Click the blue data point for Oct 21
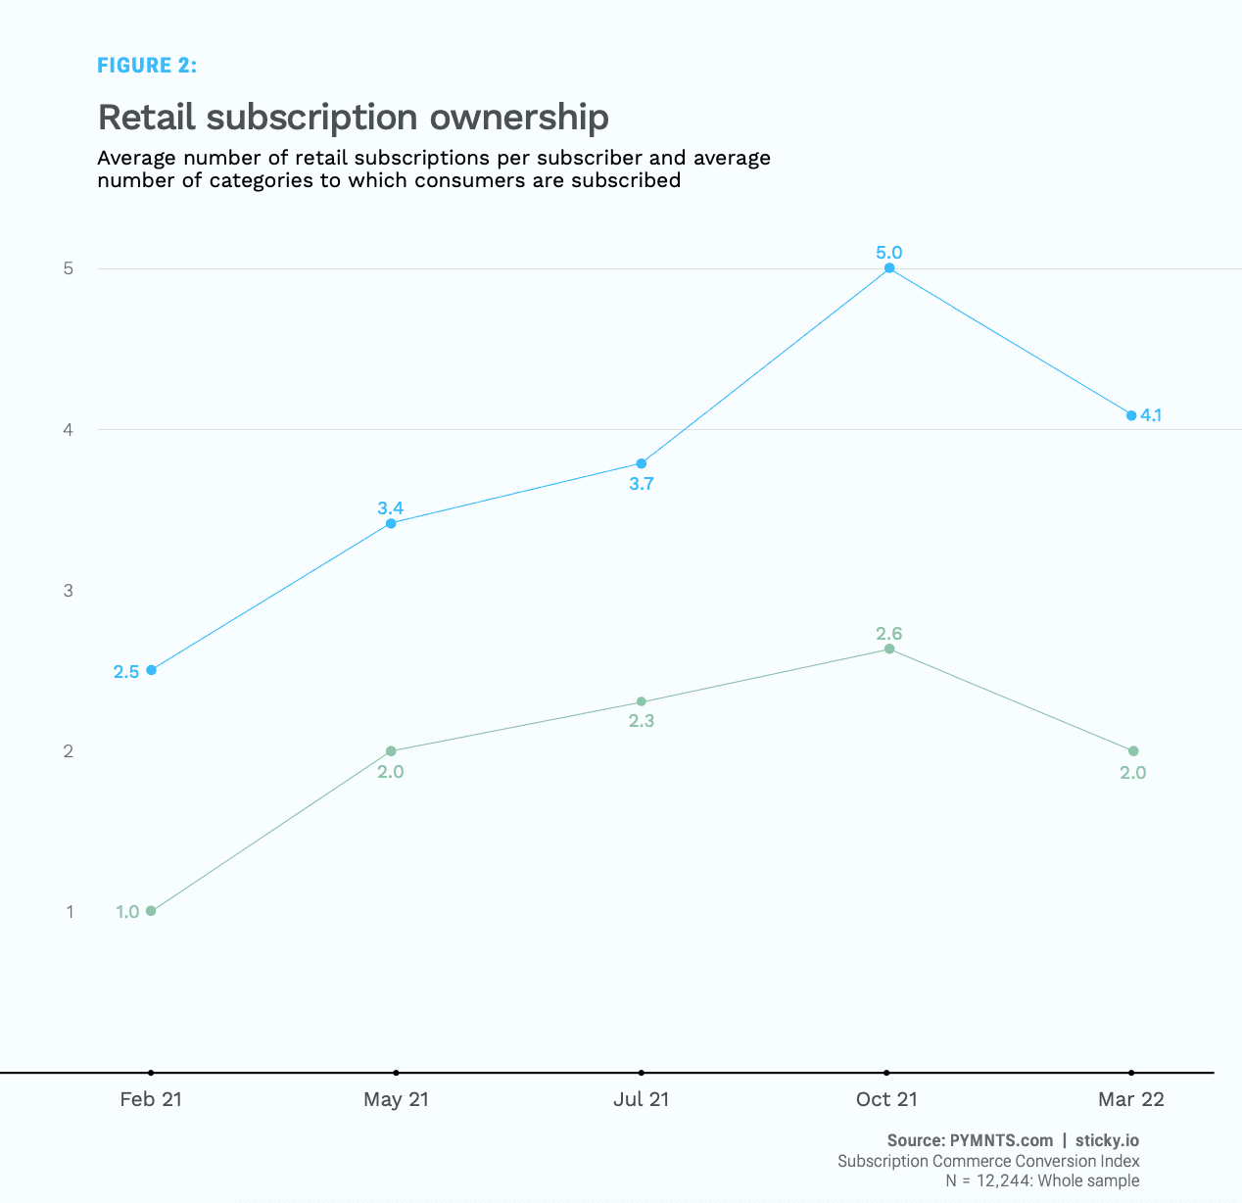[889, 267]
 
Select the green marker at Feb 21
[151, 911]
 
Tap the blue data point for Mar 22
[1131, 415]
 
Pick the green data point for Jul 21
[642, 701]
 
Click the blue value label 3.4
[390, 507]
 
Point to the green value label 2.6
[889, 634]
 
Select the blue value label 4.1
[1151, 415]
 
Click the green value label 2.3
[642, 721]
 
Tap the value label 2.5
[126, 672]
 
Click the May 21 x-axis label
[396, 1099]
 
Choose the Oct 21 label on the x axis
[886, 1099]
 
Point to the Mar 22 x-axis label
[1131, 1099]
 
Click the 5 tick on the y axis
[69, 268]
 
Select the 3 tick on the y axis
[69, 590]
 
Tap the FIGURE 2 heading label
[147, 66]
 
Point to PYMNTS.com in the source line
[1001, 1140]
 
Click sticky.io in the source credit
[1107, 1140]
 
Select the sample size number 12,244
[1003, 1180]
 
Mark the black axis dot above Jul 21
[642, 1073]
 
